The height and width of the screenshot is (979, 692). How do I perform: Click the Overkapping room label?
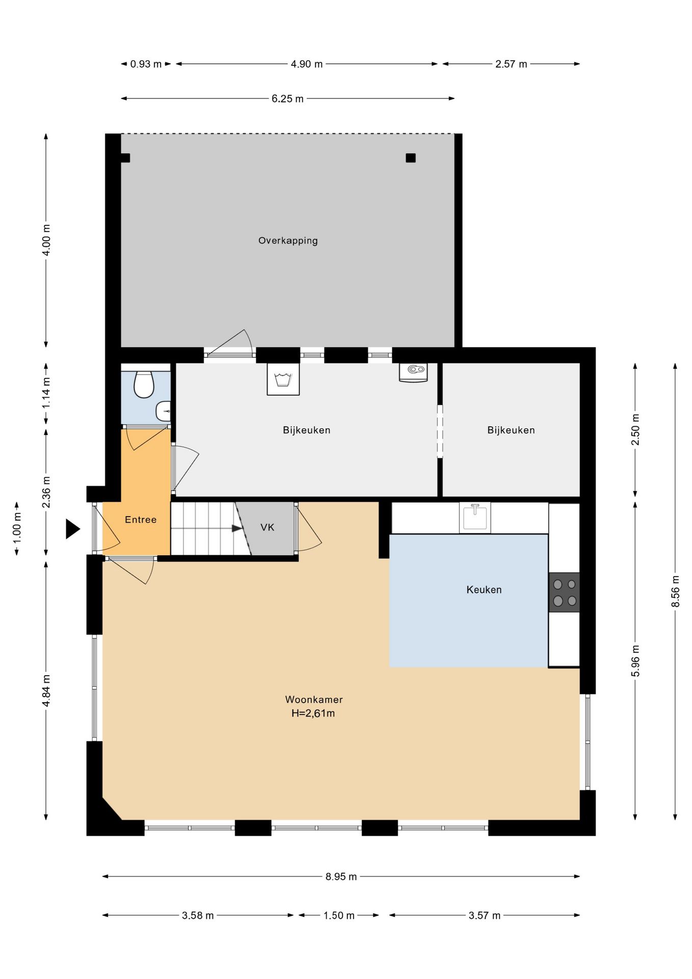tap(288, 241)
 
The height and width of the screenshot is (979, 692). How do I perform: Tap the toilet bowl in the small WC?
tap(144, 384)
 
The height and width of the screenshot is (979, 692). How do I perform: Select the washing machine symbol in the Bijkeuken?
tap(283, 379)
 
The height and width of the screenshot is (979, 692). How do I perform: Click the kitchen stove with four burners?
tap(564, 592)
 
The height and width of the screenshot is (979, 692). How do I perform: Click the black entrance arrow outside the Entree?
tap(73, 529)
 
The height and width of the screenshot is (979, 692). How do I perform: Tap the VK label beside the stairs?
tap(268, 527)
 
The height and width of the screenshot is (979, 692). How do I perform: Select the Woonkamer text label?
tap(314, 700)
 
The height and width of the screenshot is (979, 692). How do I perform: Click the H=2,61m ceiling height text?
tap(313, 713)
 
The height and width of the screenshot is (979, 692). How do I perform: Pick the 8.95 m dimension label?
tap(341, 877)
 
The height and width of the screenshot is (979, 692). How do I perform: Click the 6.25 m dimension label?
tap(287, 99)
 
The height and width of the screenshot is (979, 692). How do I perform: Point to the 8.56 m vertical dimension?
tap(676, 591)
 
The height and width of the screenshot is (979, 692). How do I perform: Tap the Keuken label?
tap(484, 590)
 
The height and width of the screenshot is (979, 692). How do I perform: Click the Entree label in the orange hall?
tap(141, 520)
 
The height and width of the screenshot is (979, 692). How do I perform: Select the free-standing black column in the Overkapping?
tap(411, 158)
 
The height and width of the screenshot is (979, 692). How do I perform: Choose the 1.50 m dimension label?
tap(339, 915)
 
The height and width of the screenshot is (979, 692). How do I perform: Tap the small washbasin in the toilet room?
tap(164, 411)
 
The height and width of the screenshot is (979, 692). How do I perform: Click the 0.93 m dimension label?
tap(146, 64)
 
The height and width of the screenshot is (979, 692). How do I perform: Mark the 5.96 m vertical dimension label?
tap(635, 661)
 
